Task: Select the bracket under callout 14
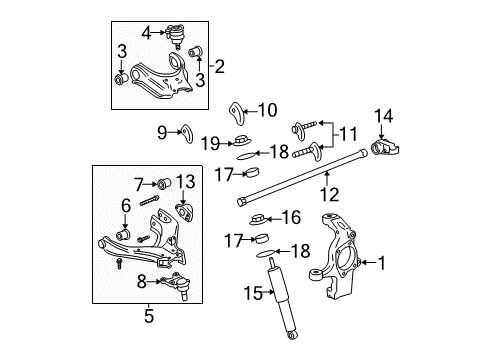pos(384,149)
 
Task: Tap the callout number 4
pos(146,32)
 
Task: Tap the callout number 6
pos(125,206)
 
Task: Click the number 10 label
pos(267,110)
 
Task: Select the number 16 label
pos(289,217)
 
